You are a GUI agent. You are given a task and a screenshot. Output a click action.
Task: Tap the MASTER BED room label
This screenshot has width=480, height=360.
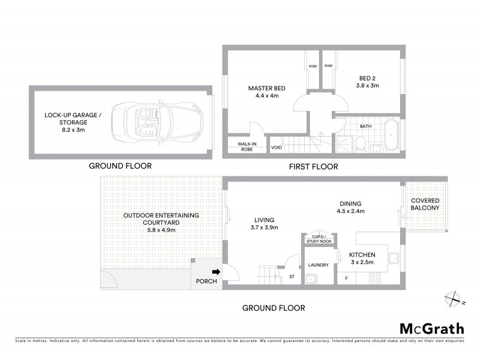pyautogui.click(x=266, y=89)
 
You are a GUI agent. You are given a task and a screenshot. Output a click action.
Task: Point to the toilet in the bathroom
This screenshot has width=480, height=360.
pyautogui.click(x=361, y=142)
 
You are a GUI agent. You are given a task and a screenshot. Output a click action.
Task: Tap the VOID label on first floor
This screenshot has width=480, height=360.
pyautogui.click(x=277, y=147)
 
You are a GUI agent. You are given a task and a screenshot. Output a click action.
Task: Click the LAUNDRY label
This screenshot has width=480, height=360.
pyautogui.click(x=316, y=264)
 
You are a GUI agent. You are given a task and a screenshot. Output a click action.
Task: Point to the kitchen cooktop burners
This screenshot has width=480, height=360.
pyautogui.click(x=376, y=278)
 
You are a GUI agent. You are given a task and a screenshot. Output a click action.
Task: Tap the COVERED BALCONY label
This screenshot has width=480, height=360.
pyautogui.click(x=425, y=204)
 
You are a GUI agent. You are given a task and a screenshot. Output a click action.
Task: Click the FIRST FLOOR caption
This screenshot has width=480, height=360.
pyautogui.click(x=313, y=166)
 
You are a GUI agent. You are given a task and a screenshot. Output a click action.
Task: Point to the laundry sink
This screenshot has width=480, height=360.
pyautogui.click(x=311, y=278)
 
